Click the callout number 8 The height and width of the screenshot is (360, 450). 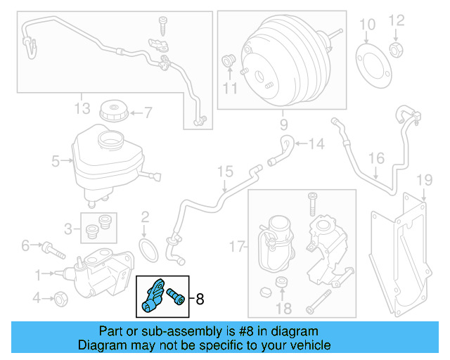[200, 299]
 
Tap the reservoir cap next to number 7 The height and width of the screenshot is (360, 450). [112, 111]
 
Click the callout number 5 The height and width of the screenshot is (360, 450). [56, 161]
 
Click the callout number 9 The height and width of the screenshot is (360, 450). [283, 124]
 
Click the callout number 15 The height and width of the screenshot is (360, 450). [224, 171]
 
